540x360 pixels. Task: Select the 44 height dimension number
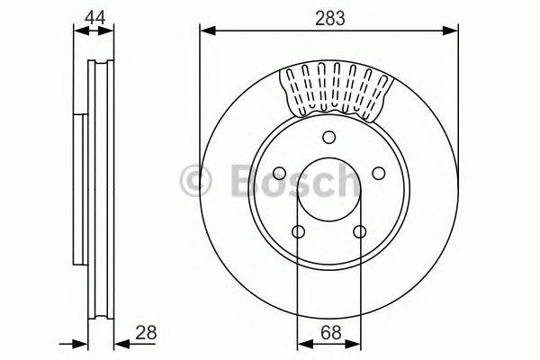[94, 15]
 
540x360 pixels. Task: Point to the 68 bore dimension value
[329, 333]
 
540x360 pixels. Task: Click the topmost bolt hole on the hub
[329, 137]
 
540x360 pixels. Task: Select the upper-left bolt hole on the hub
[280, 173]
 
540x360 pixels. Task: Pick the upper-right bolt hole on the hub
[379, 173]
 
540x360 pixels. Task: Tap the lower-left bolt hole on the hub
[299, 231]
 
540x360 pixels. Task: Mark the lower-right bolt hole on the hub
[360, 231]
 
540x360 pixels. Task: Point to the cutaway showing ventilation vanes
[338, 90]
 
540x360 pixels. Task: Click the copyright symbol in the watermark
[196, 181]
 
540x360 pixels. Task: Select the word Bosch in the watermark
[288, 181]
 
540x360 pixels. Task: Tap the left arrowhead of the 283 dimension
[205, 31]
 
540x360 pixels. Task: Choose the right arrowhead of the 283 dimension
[453, 31]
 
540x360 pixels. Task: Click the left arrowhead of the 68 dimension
[304, 342]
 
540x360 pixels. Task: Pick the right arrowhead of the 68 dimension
[355, 342]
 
